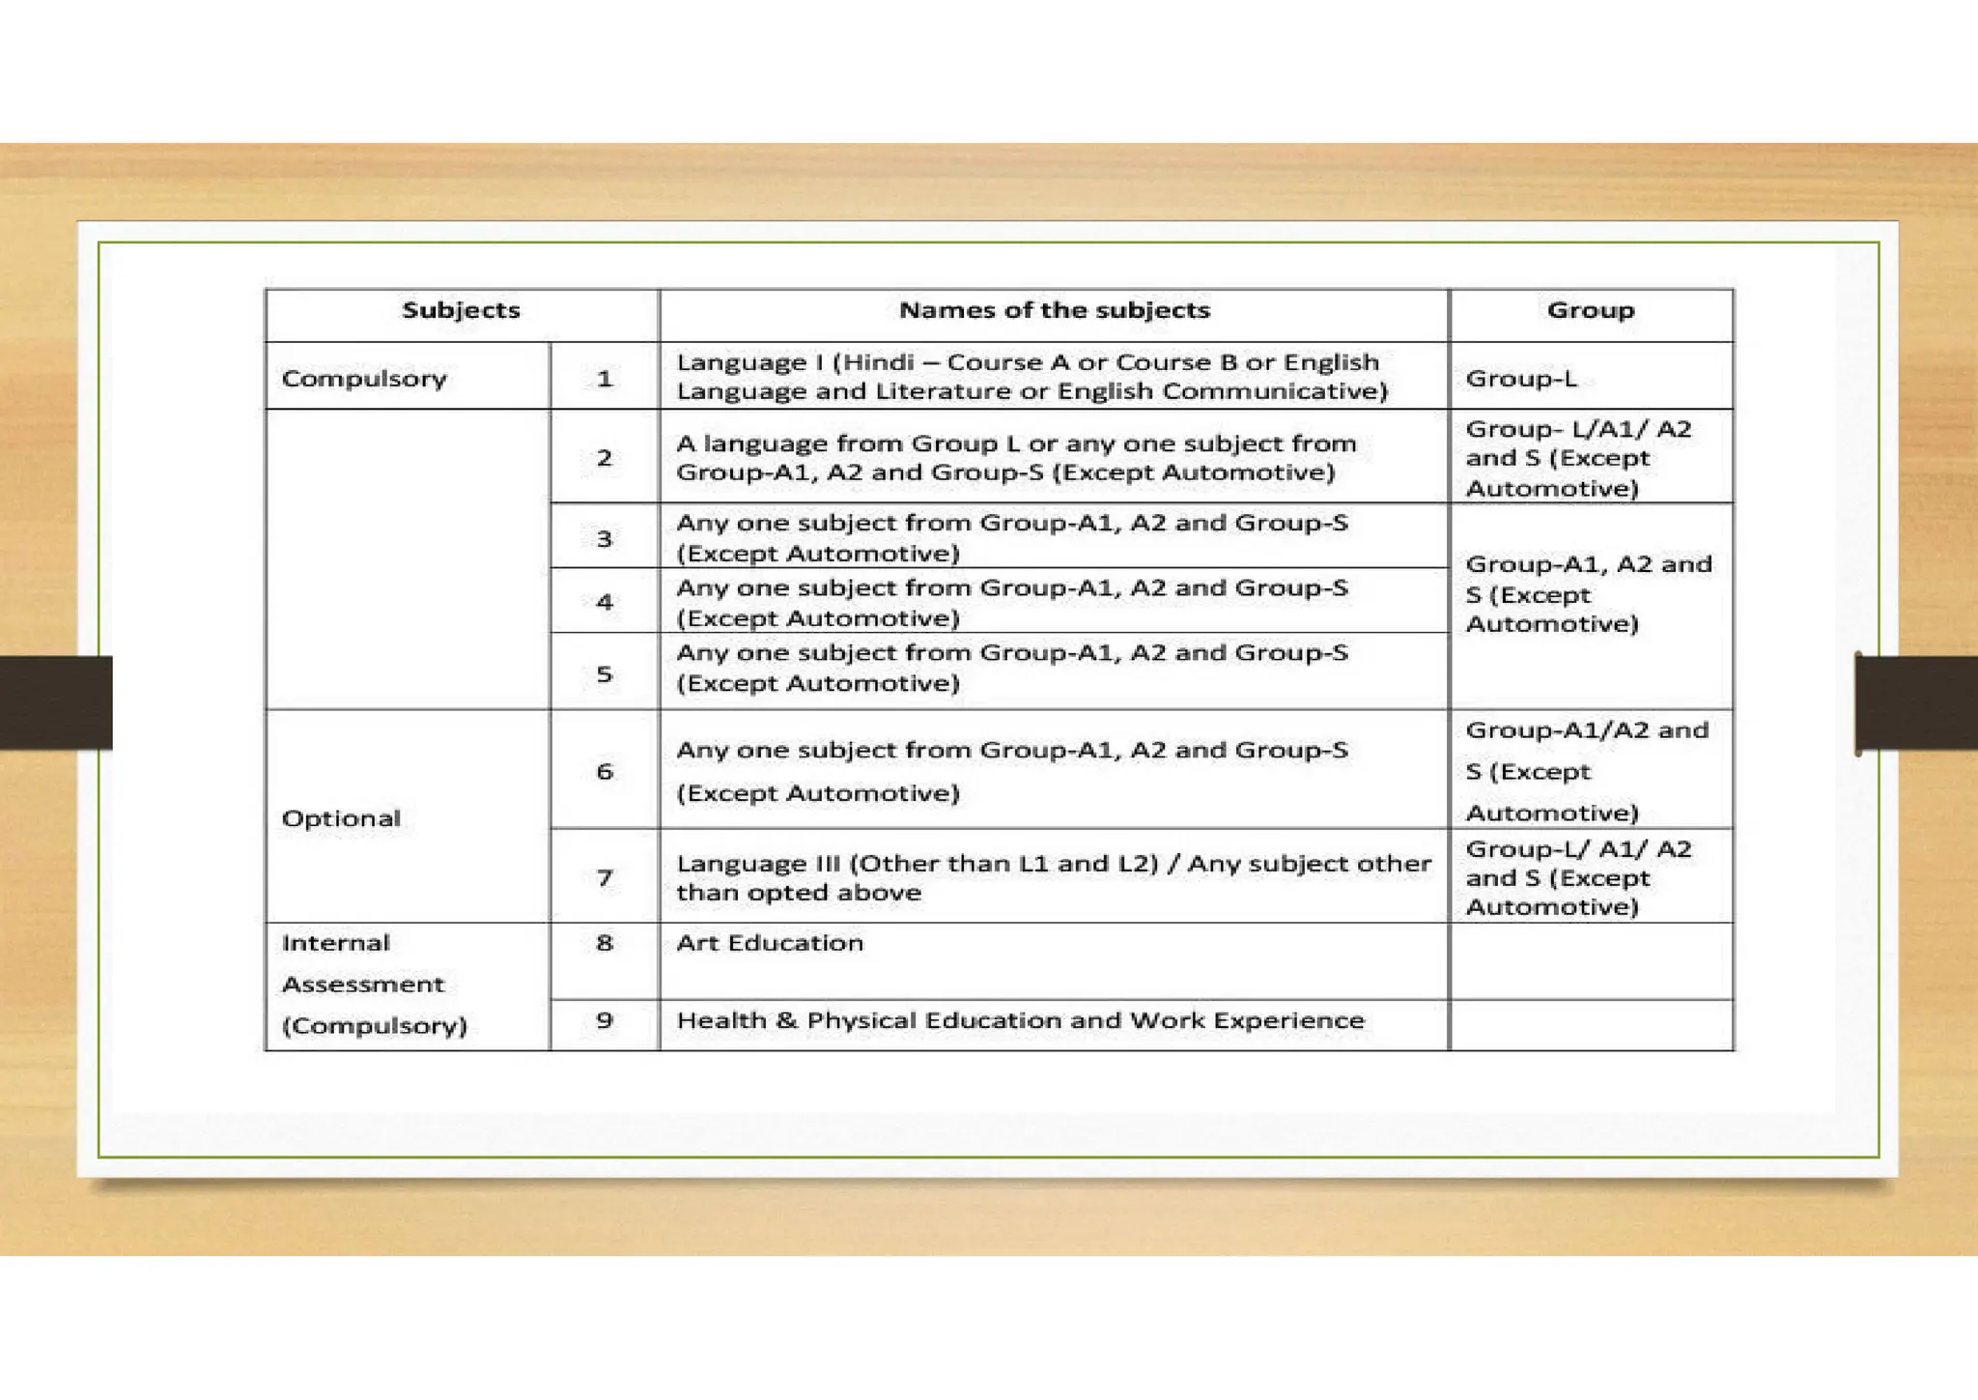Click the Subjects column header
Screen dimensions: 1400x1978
[461, 310]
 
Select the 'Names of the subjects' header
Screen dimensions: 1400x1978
[1054, 310]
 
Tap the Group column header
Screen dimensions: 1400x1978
[1590, 310]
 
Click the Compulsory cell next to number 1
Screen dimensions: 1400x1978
[364, 378]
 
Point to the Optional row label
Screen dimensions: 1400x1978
[341, 818]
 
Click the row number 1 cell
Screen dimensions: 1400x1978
[605, 378]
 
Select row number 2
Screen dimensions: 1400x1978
[605, 458]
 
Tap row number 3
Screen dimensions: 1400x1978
[605, 538]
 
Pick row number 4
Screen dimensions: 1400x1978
[605, 602]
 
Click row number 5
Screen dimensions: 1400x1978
[605, 673]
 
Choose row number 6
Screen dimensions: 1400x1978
[605, 771]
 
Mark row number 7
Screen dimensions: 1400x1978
[605, 877]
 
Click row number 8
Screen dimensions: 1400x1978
[605, 943]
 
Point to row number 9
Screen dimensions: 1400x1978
[605, 1020]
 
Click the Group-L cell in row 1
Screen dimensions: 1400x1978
[1521, 378]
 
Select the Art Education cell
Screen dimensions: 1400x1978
[770, 943]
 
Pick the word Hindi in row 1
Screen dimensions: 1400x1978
[879, 362]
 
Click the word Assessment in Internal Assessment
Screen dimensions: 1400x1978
[363, 985]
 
